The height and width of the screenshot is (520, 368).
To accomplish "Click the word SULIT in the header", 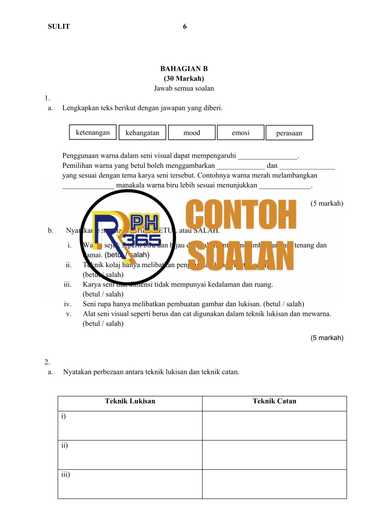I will pos(59,27).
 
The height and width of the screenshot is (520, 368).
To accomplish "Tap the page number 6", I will pos(185,27).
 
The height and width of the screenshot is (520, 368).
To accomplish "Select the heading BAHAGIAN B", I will pos(184,69).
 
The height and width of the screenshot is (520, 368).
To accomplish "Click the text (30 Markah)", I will pos(184,78).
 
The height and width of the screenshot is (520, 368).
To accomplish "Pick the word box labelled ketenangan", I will pos(93,133).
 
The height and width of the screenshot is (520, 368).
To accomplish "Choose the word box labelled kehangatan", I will pos(142,133).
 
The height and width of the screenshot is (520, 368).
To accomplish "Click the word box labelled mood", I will pos(192,133).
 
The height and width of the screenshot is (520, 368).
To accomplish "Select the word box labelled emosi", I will pos(241,133).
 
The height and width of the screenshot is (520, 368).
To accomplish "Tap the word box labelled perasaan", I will pos(289,133).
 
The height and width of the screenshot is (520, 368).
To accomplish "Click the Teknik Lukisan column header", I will pos(130,401).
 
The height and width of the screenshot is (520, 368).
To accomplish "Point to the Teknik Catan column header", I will pos(275,401).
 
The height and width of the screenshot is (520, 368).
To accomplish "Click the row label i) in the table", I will pos(63,416).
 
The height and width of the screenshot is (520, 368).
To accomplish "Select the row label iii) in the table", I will pos(65,474).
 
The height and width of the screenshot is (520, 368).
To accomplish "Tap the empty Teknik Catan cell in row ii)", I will pos(275,455).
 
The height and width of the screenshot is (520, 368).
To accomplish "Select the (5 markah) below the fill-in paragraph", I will pos(327,203).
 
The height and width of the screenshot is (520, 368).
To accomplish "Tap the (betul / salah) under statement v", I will pos(103,323).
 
